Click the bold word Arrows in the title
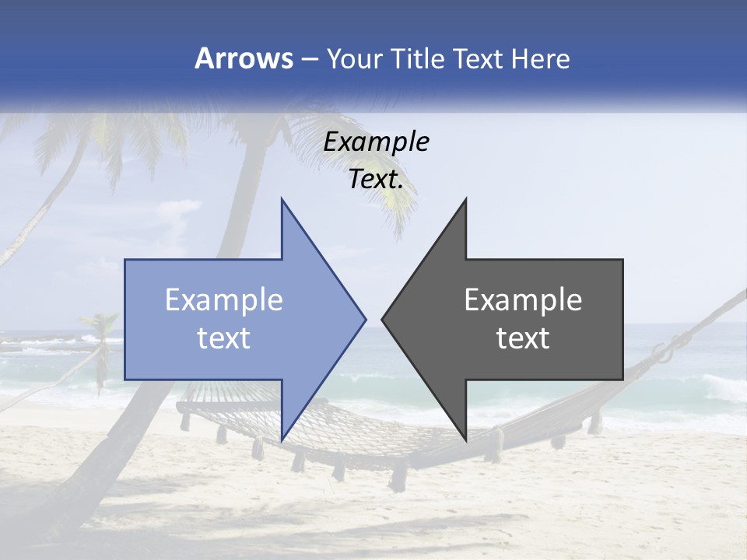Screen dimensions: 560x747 click(244, 58)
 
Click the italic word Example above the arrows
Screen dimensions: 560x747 click(377, 142)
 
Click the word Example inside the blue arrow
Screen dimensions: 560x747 click(224, 300)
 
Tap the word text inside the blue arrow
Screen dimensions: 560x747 click(224, 338)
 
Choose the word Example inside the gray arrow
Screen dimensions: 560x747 click(523, 300)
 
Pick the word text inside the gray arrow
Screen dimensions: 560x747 click(523, 338)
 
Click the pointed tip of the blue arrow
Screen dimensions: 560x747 click(366, 319)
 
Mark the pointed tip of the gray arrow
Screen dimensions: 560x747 click(382, 319)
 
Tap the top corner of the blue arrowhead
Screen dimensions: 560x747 click(282, 199)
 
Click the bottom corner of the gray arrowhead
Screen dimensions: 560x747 click(466, 439)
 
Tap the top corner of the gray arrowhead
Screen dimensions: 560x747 click(466, 199)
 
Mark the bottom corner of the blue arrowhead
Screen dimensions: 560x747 click(282, 439)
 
